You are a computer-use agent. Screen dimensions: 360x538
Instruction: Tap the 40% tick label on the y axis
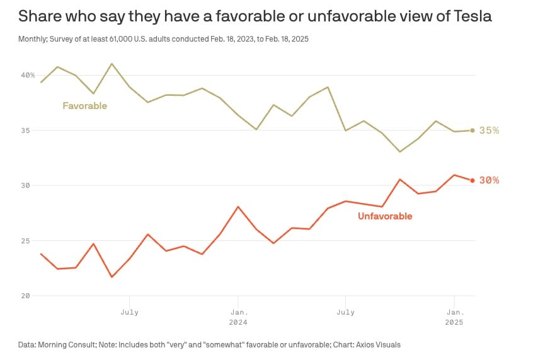pyautogui.click(x=27, y=75)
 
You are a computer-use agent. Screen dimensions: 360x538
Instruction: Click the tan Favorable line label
pyautogui.click(x=84, y=106)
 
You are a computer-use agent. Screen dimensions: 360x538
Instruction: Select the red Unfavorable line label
pyautogui.click(x=385, y=216)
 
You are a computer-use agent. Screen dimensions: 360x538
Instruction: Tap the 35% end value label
pyautogui.click(x=489, y=131)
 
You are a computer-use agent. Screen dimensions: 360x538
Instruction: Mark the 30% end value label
pyautogui.click(x=489, y=180)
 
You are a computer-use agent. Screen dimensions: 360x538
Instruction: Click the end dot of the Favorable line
pyautogui.click(x=472, y=131)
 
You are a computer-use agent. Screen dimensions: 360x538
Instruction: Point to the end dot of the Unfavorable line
pyautogui.click(x=472, y=180)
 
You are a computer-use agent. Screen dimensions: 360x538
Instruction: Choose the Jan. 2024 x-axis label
pyautogui.click(x=238, y=316)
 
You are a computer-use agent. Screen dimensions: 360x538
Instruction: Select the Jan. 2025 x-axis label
pyautogui.click(x=454, y=316)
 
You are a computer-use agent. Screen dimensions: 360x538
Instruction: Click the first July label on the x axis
pyautogui.click(x=129, y=311)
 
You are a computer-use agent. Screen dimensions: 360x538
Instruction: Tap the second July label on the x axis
pyautogui.click(x=345, y=311)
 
